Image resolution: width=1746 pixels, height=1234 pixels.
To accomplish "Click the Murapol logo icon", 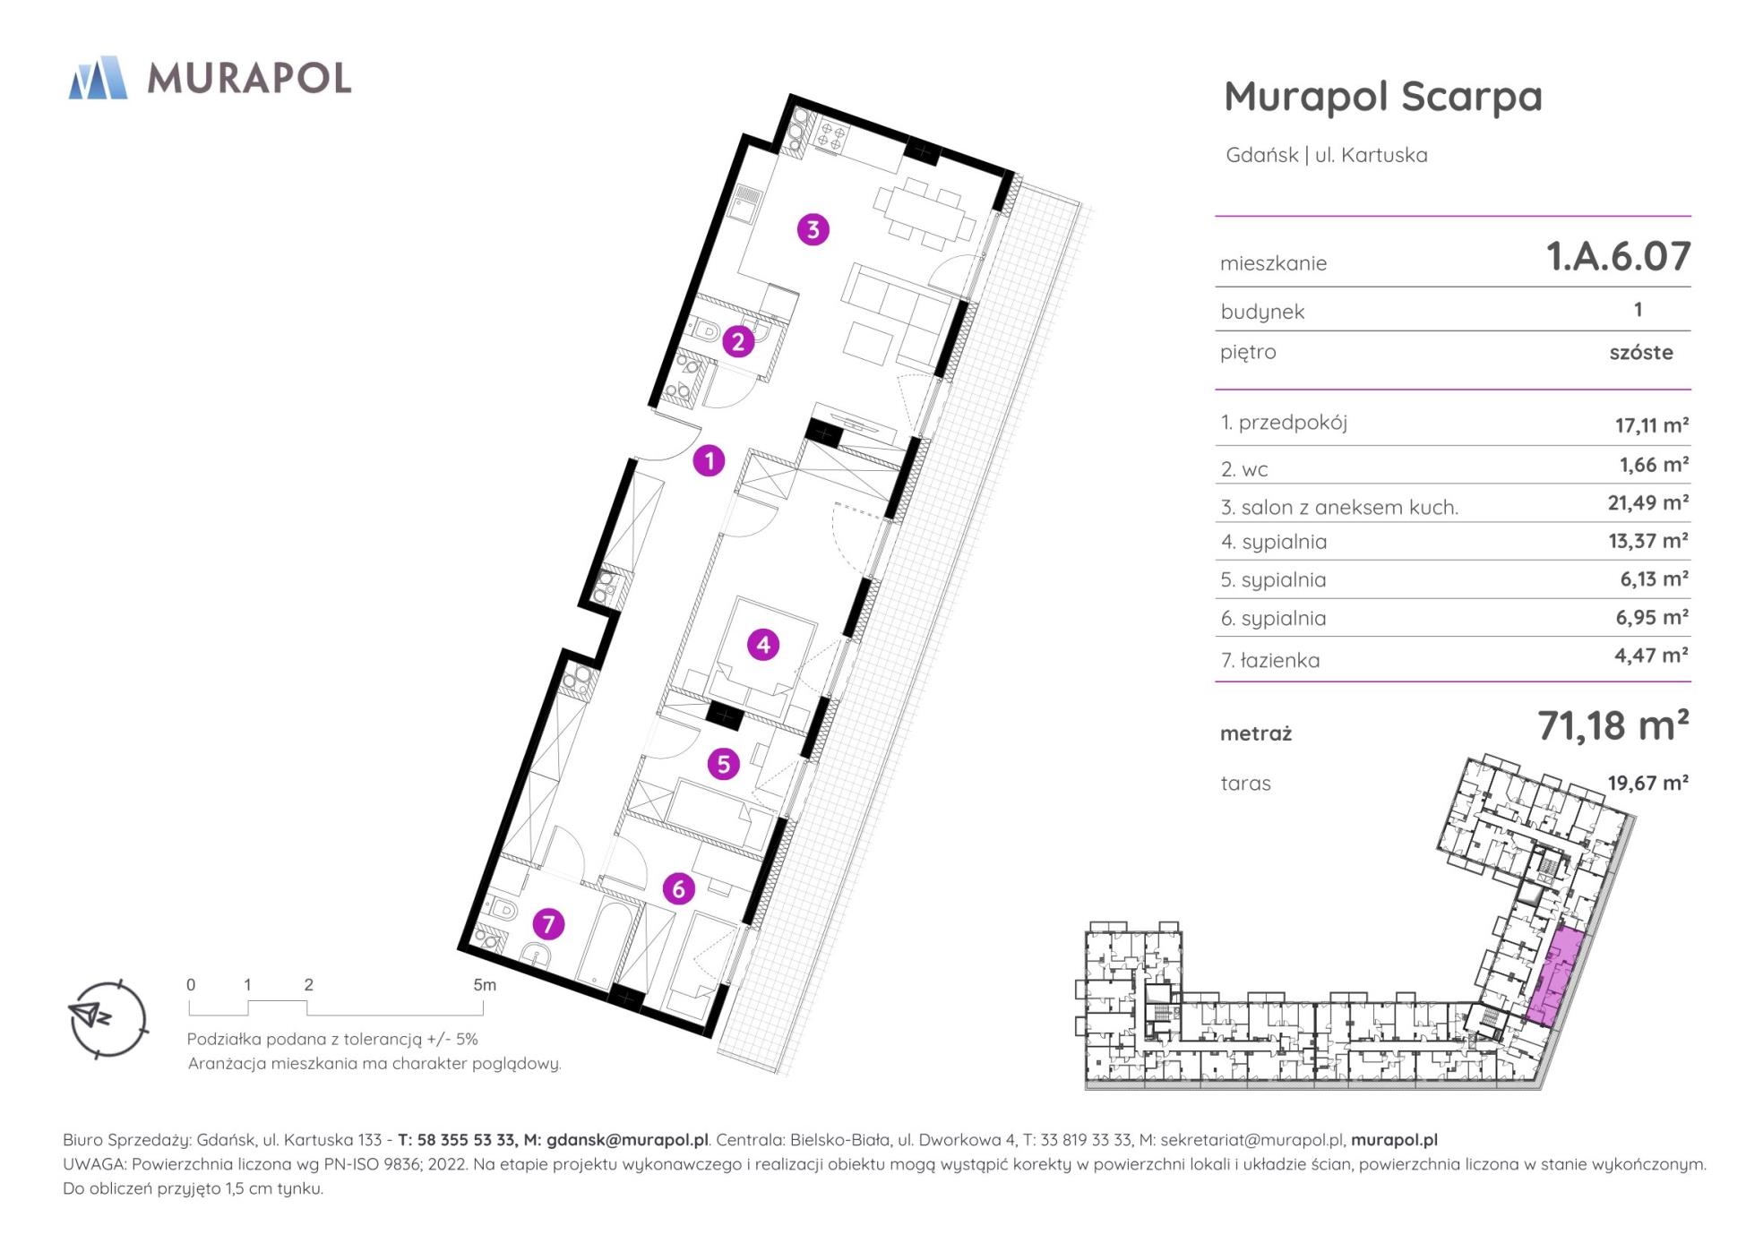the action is point(98,77).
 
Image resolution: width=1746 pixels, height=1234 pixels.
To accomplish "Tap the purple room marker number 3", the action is point(813,229).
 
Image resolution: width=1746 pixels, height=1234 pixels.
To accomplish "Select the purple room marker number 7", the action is point(548,923).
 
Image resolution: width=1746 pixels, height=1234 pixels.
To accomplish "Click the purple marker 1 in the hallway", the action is point(709,461).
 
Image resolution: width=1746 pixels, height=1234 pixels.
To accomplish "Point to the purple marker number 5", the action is point(723,764).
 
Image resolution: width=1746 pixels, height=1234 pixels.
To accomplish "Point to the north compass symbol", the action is point(108,1018).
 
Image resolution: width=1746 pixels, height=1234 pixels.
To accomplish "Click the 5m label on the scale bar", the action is point(485,985).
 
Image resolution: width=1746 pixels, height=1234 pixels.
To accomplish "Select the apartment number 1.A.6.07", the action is point(1618,256).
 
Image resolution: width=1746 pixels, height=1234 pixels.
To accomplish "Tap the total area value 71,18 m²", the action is point(1613,725).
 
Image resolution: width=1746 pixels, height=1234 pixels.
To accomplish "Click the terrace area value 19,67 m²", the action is point(1648,783).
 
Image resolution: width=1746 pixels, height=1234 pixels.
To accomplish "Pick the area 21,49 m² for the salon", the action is point(1648,503).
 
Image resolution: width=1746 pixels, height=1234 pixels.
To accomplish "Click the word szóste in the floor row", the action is point(1641,352).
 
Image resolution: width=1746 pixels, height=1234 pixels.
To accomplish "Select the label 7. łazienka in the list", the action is point(1269,661).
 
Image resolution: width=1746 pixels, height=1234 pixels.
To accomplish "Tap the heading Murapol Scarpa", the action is point(1383,97).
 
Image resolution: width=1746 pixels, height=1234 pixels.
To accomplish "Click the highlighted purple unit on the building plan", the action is point(1555,977).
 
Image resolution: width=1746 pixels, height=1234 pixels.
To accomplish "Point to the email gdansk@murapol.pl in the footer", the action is point(627,1140).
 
